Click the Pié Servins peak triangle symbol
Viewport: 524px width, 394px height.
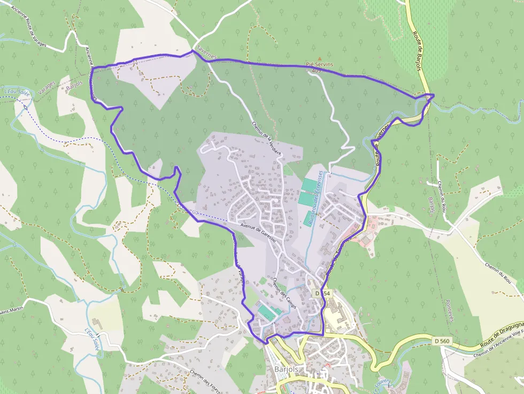pyautogui.click(x=320, y=59)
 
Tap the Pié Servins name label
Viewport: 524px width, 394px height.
pyautogui.click(x=319, y=65)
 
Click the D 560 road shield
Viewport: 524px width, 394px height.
pyautogui.click(x=441, y=341)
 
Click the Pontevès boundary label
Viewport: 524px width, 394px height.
pyautogui.click(x=448, y=310)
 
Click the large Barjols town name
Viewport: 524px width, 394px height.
pyautogui.click(x=286, y=369)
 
